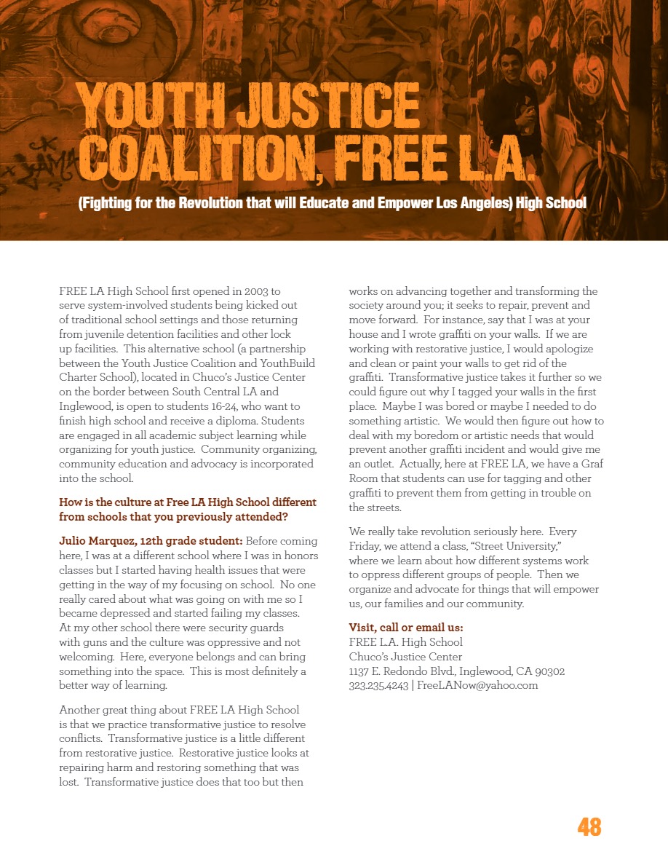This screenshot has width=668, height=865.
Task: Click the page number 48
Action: click(x=589, y=827)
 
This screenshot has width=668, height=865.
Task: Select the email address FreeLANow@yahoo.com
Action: click(x=477, y=685)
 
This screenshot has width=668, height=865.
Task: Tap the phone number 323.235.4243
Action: click(x=378, y=685)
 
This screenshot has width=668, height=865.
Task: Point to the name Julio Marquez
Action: click(x=100, y=541)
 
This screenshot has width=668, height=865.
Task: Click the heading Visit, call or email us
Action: click(x=406, y=628)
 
